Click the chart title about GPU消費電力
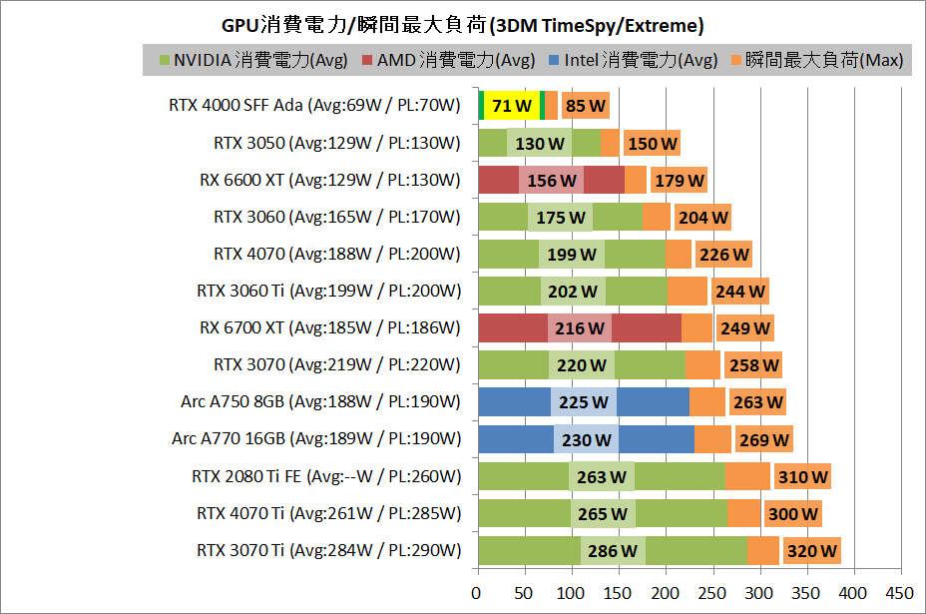pyautogui.click(x=462, y=23)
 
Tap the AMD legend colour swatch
pyautogui.click(x=366, y=61)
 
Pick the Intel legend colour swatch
pyautogui.click(x=554, y=61)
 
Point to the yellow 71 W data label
pyautogui.click(x=511, y=106)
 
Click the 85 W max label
pyautogui.click(x=585, y=106)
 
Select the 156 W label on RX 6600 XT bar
pyautogui.click(x=551, y=181)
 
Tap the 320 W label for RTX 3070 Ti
pyautogui.click(x=811, y=550)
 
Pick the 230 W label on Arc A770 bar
pyautogui.click(x=585, y=439)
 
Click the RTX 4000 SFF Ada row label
pyautogui.click(x=314, y=106)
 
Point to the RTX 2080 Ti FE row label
pyautogui.click(x=326, y=476)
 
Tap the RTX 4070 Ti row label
pyautogui.click(x=328, y=513)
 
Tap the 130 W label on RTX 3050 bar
pyautogui.click(x=539, y=144)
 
